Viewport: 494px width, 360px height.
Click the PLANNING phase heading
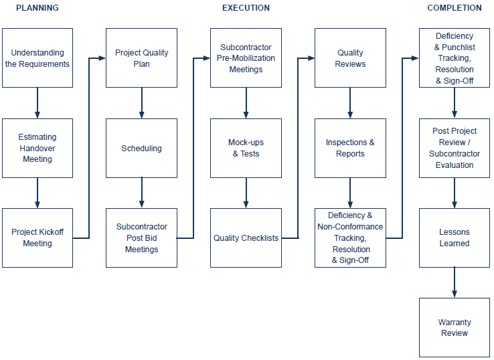pos(37,8)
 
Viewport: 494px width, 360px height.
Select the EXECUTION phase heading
pos(246,8)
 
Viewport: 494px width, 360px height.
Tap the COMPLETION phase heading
pos(455,8)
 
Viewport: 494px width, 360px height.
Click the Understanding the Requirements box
pos(37,58)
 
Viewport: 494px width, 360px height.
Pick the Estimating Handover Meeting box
pos(37,148)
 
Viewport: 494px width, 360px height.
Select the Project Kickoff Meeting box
pos(37,238)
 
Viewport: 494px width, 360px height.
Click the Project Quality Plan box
pos(142,58)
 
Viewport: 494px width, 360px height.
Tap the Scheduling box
pos(142,148)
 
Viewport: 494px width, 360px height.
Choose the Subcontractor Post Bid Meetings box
pos(142,238)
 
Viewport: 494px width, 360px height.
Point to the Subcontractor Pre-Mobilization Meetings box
pos(246,58)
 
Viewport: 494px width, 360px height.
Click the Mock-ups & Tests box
pos(246,148)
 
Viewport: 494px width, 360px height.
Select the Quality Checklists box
pos(246,238)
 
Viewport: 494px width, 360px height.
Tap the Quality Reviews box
pos(350,58)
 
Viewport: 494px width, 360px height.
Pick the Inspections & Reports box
pos(350,148)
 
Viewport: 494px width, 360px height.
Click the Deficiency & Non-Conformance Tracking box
pos(350,238)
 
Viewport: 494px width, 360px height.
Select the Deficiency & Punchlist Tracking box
pos(455,58)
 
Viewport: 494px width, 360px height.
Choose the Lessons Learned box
pos(455,238)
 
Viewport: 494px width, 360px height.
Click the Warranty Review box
pos(455,327)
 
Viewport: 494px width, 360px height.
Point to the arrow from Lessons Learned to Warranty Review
pos(455,282)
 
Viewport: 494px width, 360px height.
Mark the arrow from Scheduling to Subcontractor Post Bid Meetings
pos(142,193)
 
